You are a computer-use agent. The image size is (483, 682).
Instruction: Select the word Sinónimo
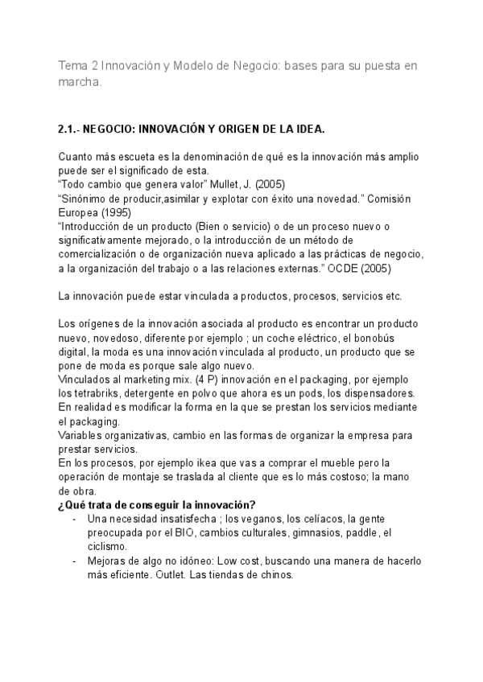coord(86,197)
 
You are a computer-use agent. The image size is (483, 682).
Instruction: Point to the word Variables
coord(84,436)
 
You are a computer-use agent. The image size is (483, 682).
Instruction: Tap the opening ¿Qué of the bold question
coord(72,505)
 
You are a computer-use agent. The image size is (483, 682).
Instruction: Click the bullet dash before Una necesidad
coord(75,519)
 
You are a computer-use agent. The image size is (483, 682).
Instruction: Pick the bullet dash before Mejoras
coord(75,561)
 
